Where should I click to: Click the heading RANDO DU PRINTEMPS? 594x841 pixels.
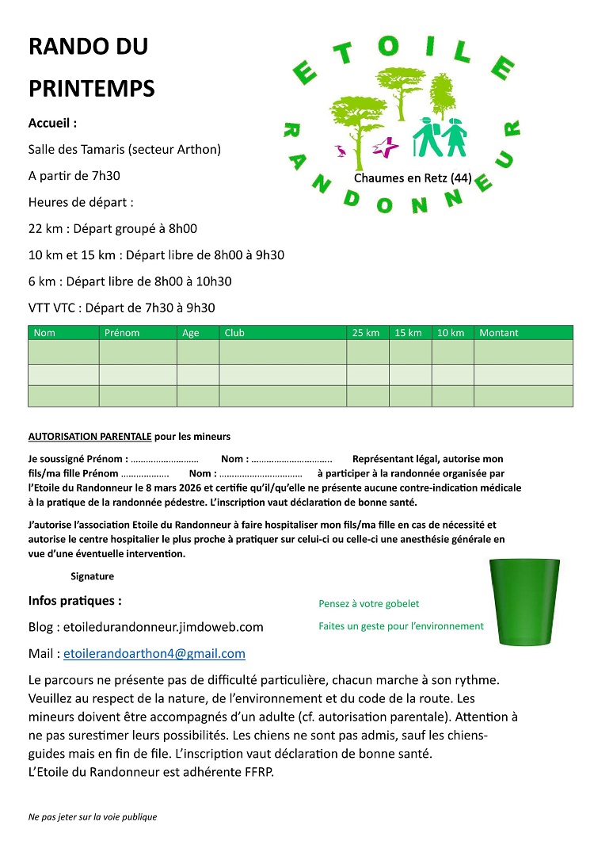click(91, 67)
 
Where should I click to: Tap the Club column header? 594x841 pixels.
click(234, 333)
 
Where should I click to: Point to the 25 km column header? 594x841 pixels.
click(366, 333)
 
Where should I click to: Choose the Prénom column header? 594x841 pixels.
click(121, 333)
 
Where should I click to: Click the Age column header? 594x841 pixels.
click(191, 333)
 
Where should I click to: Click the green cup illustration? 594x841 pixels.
click(525, 601)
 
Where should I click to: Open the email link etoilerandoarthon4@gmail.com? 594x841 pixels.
click(154, 654)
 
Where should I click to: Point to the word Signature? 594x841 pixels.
click(92, 576)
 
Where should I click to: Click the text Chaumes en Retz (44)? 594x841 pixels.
click(413, 178)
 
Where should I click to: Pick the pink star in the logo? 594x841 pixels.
click(387, 147)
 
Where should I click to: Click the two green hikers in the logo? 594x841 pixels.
click(440, 136)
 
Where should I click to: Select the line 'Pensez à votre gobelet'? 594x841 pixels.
click(368, 604)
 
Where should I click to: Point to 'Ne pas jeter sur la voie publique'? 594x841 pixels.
click(93, 816)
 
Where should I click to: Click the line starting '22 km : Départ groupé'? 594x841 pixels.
click(112, 229)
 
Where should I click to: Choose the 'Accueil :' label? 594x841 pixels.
click(52, 124)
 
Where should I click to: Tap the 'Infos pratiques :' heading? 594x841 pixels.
click(75, 601)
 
